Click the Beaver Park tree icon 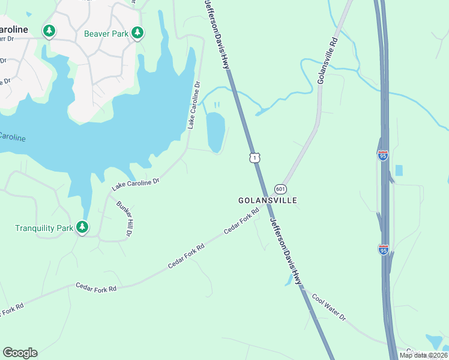tap(137, 32)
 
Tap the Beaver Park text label tap(106, 34)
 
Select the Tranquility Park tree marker tap(82, 227)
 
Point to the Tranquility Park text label tap(44, 228)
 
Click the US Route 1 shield tap(255, 157)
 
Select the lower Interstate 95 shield tap(383, 249)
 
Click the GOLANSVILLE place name tap(268, 200)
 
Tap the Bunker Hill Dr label tap(125, 218)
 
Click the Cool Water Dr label tap(328, 307)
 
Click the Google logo tap(20, 353)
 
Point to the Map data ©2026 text tap(423, 355)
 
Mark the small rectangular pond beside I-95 tap(400, 170)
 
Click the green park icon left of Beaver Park tap(49, 31)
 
